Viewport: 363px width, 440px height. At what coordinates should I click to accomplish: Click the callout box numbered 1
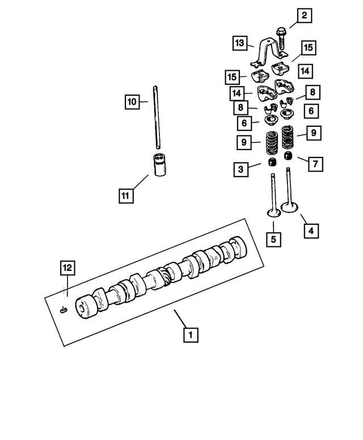click(x=190, y=335)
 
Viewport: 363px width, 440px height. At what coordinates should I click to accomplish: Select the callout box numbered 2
click(x=303, y=16)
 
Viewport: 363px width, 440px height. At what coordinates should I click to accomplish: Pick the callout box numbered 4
click(x=310, y=230)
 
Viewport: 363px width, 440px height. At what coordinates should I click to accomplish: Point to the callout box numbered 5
click(x=273, y=239)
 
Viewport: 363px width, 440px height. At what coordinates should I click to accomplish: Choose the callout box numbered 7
click(x=316, y=163)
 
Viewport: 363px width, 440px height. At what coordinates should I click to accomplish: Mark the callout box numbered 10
click(x=132, y=102)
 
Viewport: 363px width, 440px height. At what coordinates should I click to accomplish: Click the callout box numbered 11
click(x=125, y=196)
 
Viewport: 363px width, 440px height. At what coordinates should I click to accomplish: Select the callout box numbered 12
click(x=67, y=266)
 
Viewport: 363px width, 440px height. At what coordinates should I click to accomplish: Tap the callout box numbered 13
click(x=240, y=42)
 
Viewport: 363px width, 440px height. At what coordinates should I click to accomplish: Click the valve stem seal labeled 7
click(x=288, y=157)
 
